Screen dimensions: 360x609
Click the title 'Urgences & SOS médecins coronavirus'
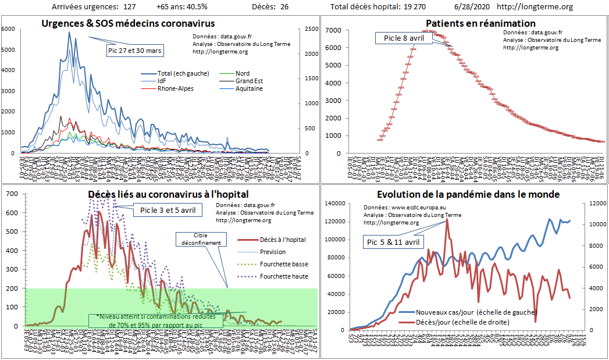pyautogui.click(x=128, y=24)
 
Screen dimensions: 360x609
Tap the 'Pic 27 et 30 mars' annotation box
pyautogui.click(x=135, y=51)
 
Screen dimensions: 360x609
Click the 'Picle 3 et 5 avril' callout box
pyautogui.click(x=168, y=209)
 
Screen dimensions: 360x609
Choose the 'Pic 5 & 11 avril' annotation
pyautogui.click(x=394, y=241)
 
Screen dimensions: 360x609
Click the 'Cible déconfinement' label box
pyautogui.click(x=199, y=239)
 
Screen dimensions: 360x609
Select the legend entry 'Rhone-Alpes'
pyautogui.click(x=176, y=88)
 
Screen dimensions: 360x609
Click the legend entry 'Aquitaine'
pyautogui.click(x=249, y=88)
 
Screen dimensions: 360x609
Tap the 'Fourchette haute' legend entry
pyautogui.click(x=284, y=276)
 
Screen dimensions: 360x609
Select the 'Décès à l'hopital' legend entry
pyautogui.click(x=283, y=239)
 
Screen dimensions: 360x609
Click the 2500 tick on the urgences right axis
pyautogui.click(x=311, y=29)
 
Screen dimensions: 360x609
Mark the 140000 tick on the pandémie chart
pyautogui.click(x=334, y=204)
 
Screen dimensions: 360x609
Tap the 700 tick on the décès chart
pyautogui.click(x=12, y=193)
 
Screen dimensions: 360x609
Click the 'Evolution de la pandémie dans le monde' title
pyautogui.click(x=468, y=194)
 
